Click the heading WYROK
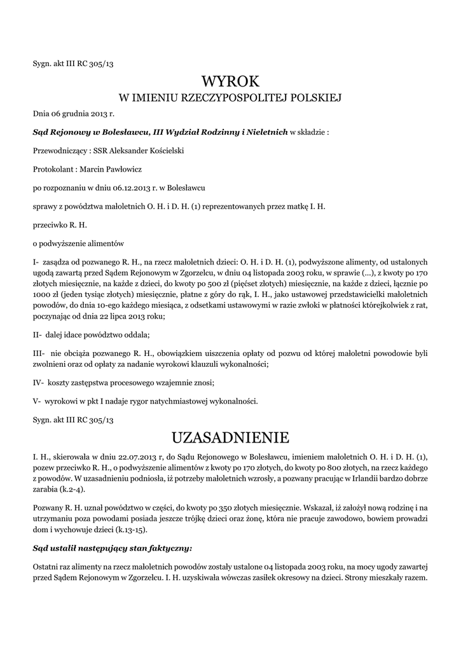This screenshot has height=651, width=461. click(230, 81)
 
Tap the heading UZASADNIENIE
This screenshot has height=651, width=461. click(230, 437)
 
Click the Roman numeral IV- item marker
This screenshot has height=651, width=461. click(38, 383)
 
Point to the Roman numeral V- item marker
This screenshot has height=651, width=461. click(36, 401)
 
